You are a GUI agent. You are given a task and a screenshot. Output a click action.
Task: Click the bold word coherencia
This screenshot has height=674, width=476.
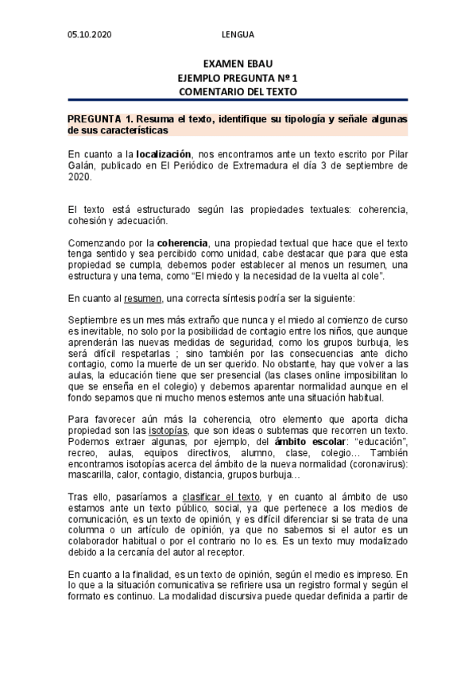click(183, 242)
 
